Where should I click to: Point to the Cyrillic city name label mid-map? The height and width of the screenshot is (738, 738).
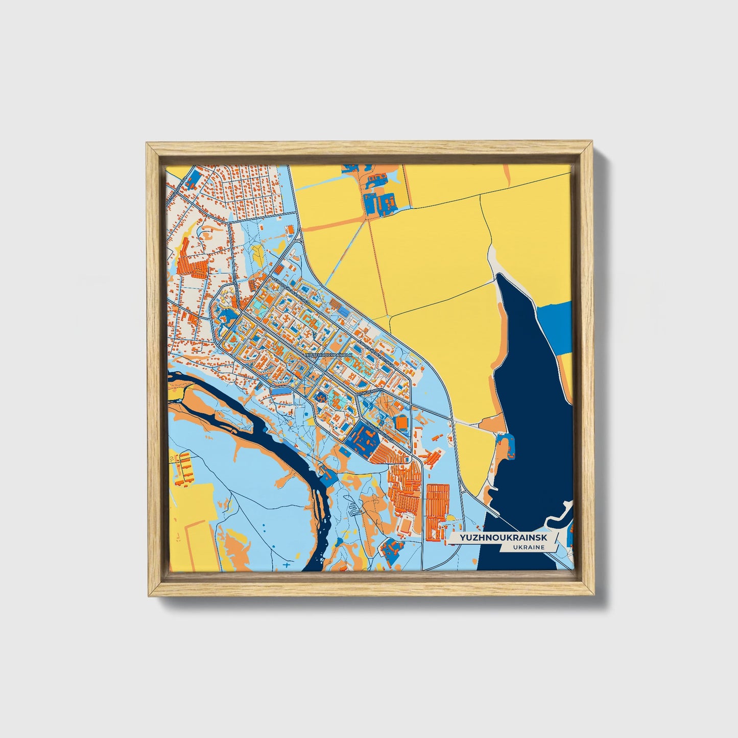pos(328,353)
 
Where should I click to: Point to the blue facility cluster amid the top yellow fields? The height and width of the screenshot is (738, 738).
pos(379,200)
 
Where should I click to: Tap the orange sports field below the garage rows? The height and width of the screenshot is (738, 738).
pos(407,525)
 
